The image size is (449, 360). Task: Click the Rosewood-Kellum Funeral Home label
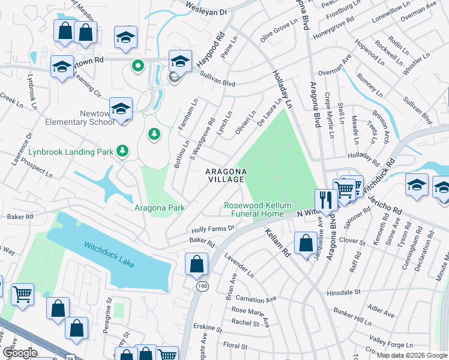[x=254, y=209]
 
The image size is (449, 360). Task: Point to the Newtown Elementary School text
[x=79, y=118]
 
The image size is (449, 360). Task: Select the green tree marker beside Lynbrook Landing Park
[x=122, y=150]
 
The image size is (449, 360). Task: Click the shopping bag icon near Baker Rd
[x=196, y=264]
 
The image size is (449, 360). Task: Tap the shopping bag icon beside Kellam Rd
[x=306, y=243]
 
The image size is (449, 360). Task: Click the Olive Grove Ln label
[x=278, y=31]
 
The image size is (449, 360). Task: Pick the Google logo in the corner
[x=20, y=353]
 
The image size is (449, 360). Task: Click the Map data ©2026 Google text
[x=411, y=355]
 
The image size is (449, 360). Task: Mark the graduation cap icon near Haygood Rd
[x=180, y=60]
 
